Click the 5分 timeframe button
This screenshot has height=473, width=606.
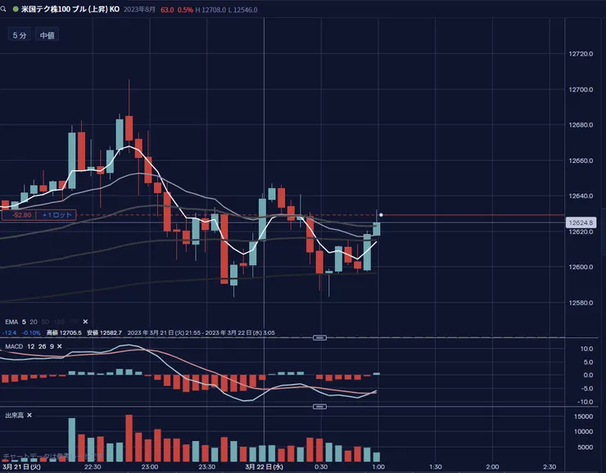click(18, 36)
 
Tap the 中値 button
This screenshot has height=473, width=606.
click(46, 36)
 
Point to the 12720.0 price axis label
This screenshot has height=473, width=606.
click(581, 54)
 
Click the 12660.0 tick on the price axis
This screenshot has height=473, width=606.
click(581, 160)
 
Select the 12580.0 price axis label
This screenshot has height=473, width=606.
click(581, 303)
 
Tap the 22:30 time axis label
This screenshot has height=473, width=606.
click(93, 466)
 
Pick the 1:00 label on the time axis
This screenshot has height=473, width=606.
click(378, 466)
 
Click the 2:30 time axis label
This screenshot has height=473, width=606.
click(549, 466)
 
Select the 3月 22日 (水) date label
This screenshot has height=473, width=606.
click(265, 466)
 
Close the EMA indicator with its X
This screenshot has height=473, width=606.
click(85, 322)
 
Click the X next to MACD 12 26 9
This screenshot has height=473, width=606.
click(62, 347)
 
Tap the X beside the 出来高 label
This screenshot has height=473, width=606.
click(29, 416)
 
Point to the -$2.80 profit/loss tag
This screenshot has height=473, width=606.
click(16, 215)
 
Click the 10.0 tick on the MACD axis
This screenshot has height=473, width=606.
click(586, 349)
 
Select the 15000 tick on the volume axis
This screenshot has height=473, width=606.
click(583, 416)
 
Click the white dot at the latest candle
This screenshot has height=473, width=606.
click(382, 215)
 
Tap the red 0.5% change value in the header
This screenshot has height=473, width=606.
click(185, 11)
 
